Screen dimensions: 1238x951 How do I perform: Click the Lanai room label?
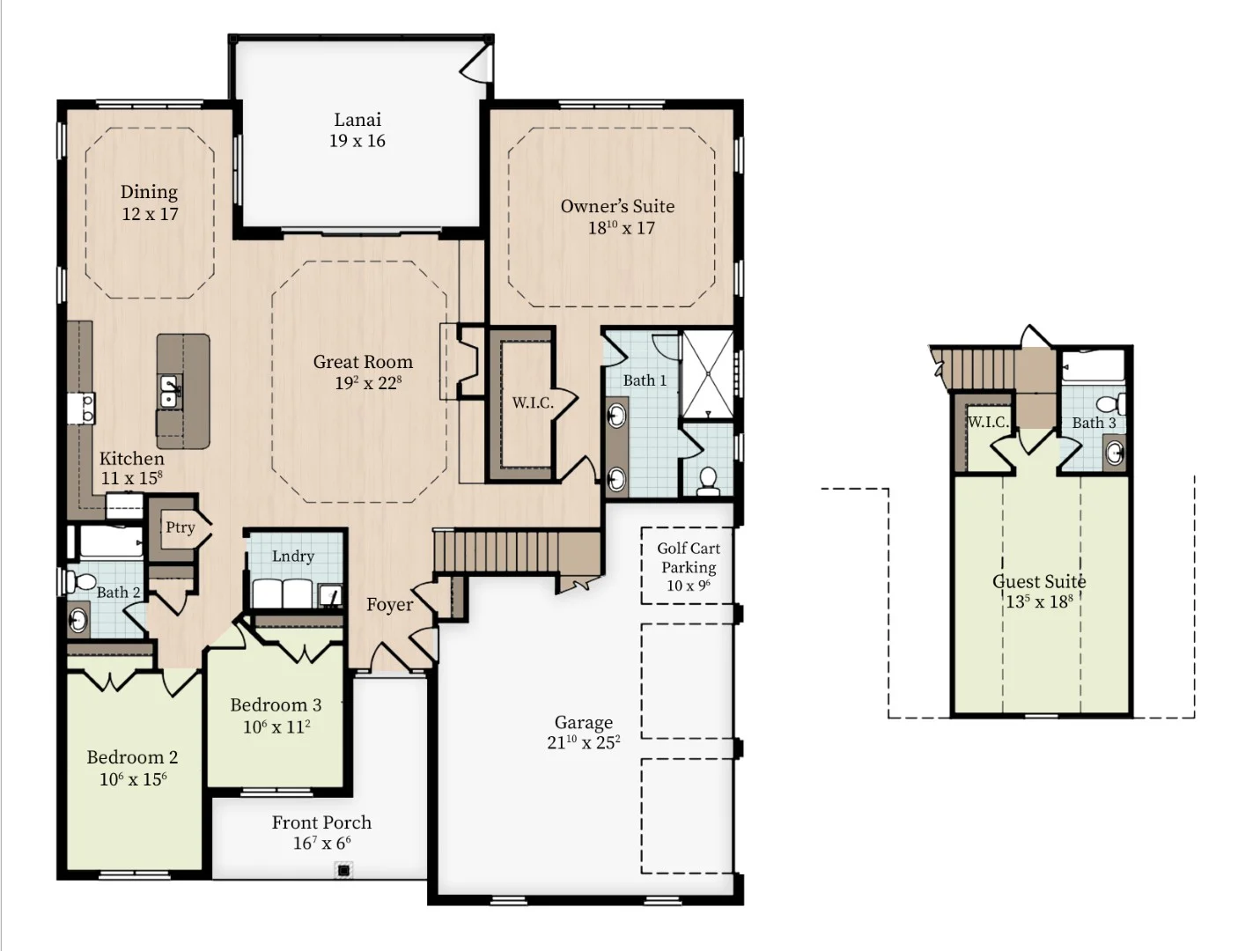tap(357, 120)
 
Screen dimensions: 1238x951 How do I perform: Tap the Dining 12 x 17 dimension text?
tap(150, 214)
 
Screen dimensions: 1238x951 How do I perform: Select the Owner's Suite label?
tap(617, 206)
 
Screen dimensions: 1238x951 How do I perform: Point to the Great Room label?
tap(363, 362)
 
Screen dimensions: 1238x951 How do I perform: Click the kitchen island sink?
tap(170, 391)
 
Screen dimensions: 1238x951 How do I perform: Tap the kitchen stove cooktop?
tap(81, 409)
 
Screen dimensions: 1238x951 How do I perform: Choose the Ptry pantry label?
tap(180, 527)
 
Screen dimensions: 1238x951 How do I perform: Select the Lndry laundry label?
tap(293, 557)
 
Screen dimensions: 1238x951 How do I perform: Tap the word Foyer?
tap(390, 604)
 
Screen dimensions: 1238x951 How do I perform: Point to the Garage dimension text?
tap(584, 743)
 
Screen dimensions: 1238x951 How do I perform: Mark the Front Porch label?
tap(321, 822)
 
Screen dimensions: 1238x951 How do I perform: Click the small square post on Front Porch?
tap(343, 871)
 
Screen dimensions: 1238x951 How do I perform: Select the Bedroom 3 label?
tap(276, 705)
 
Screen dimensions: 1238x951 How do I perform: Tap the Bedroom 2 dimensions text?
tap(133, 779)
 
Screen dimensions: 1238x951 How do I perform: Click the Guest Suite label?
tap(1039, 581)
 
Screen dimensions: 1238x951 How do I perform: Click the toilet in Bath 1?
tap(708, 480)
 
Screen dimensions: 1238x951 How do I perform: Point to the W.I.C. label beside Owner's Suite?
tap(533, 403)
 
